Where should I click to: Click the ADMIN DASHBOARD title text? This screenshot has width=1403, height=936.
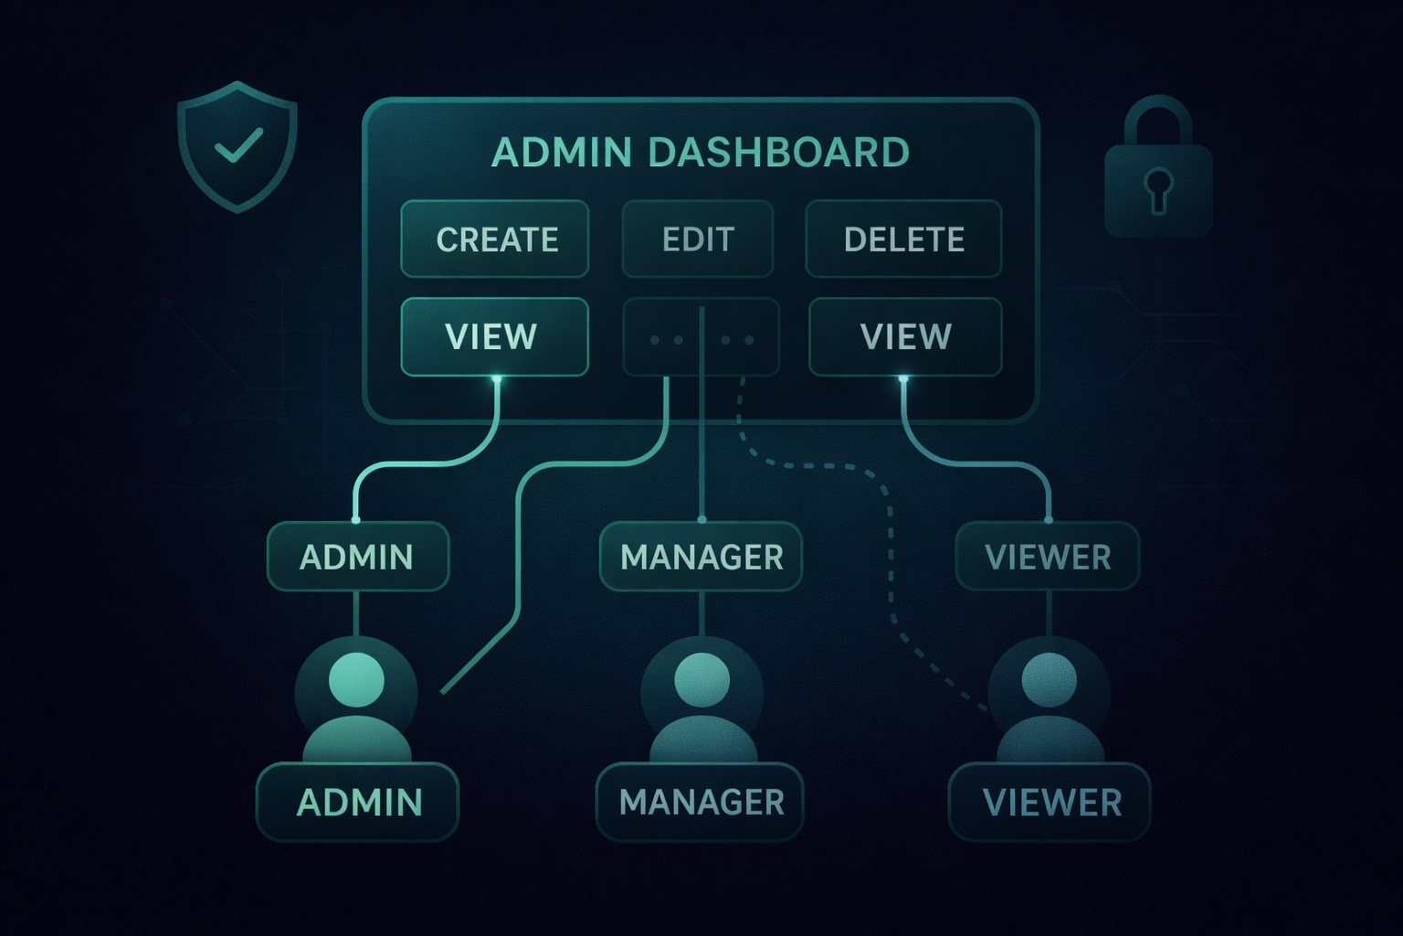[x=700, y=153]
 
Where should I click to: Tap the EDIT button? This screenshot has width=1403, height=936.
[x=698, y=239]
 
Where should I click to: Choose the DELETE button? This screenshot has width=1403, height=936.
[x=903, y=239]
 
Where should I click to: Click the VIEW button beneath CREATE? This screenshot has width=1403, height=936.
[x=494, y=336]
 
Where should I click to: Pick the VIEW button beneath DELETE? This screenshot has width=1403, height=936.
[x=905, y=336]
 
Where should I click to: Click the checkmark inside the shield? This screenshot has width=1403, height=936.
[x=237, y=145]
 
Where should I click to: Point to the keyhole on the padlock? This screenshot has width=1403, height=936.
[x=1159, y=189]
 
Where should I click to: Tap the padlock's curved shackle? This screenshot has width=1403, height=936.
[x=1158, y=114]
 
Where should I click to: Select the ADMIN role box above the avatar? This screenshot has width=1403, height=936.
[x=357, y=557]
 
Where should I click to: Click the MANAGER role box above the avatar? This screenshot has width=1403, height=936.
[x=701, y=557]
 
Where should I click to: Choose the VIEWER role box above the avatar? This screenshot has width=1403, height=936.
[x=1048, y=557]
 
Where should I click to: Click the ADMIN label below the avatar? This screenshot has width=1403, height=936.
[x=358, y=803]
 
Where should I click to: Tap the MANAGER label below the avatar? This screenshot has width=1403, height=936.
[x=701, y=803]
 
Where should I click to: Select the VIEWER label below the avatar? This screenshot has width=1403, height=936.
[x=1050, y=803]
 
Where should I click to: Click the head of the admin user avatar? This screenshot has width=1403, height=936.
[x=355, y=679]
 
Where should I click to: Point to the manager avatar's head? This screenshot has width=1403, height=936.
[x=701, y=679]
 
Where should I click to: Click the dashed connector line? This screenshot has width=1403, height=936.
[x=891, y=548]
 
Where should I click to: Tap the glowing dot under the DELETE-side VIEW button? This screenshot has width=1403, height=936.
[x=903, y=378]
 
